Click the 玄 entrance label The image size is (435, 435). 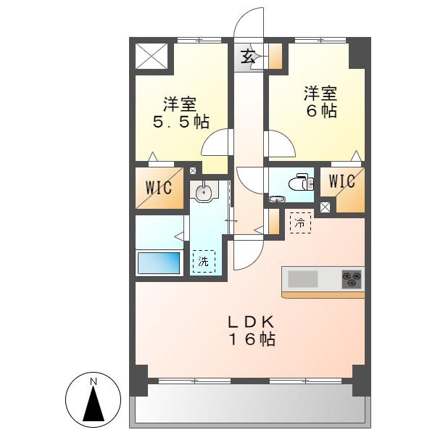[247, 57]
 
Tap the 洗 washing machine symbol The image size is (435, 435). [204, 261]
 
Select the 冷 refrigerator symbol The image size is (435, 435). [300, 223]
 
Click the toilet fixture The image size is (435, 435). [302, 183]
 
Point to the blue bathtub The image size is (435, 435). [159, 263]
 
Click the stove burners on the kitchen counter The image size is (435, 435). [352, 279]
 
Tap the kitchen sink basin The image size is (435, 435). [302, 279]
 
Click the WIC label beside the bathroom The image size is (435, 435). [159, 188]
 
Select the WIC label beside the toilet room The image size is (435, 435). [342, 181]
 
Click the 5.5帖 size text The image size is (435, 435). [181, 122]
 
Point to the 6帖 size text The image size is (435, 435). [321, 111]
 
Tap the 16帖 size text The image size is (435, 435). [252, 339]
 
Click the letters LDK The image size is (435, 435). [252, 323]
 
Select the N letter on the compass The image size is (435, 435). [94, 382]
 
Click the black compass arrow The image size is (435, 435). [94, 403]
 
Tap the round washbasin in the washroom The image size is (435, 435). [204, 192]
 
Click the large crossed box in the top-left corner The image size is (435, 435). [152, 56]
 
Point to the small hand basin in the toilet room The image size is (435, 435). [277, 199]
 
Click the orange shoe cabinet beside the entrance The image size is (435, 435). [275, 57]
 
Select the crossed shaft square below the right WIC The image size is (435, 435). [325, 207]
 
